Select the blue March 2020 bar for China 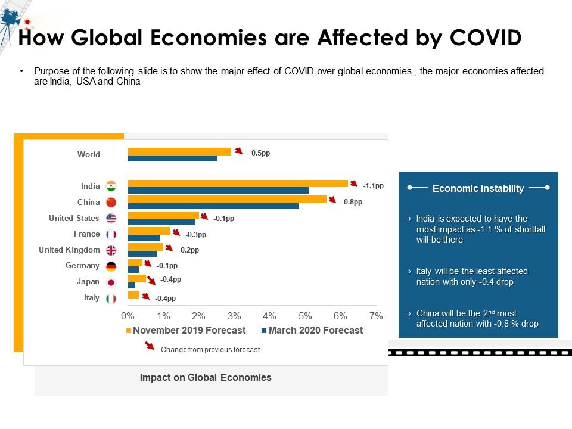tap(213, 206)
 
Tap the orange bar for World tap(179, 151)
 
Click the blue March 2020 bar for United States tap(161, 222)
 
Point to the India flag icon tap(111, 186)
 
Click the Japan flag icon tap(111, 282)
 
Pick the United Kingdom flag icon tap(111, 250)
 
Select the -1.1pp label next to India tap(373, 186)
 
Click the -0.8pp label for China tap(352, 202)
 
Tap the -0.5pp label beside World tap(260, 153)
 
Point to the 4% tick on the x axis tap(269, 316)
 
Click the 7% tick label tap(375, 316)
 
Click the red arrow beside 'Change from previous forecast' tap(150, 347)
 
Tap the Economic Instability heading tap(478, 188)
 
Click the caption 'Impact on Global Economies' tap(206, 377)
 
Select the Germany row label tap(82, 266)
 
